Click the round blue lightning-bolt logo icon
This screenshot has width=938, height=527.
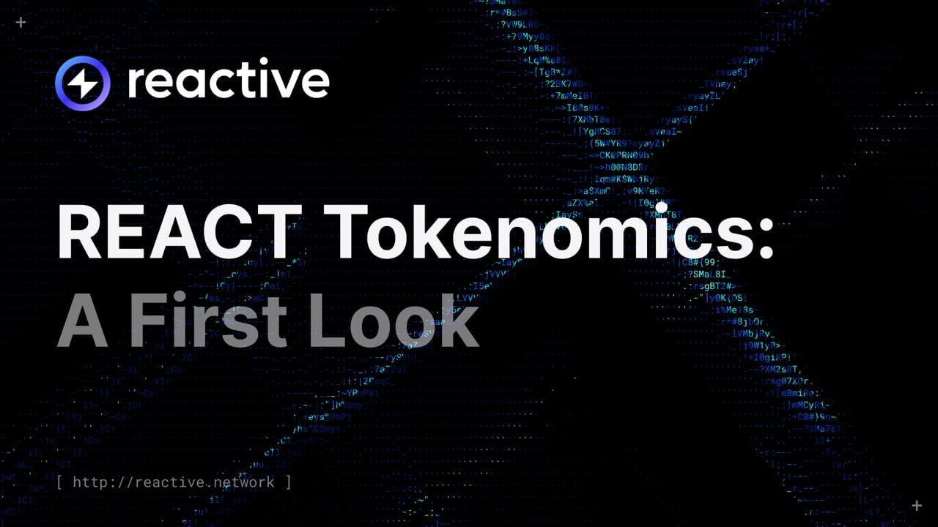pos(82,83)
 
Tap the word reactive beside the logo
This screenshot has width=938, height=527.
pos(228,81)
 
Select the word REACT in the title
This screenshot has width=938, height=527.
pos(180,231)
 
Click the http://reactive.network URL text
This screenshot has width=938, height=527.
pos(174,482)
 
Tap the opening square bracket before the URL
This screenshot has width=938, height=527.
pos(59,482)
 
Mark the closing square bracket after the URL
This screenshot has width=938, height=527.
pos(289,482)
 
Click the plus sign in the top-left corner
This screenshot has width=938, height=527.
pos(21,23)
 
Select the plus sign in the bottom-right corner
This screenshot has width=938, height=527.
pos(916,505)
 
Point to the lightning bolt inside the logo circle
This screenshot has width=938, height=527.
pos(82,83)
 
